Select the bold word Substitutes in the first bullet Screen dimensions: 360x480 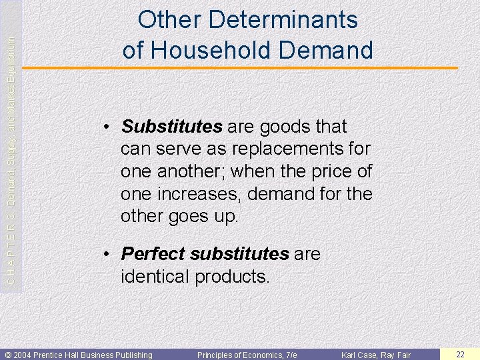pyautogui.click(x=172, y=126)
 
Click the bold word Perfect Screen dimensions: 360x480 pyautogui.click(x=153, y=254)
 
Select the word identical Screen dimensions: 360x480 pyautogui.click(x=155, y=277)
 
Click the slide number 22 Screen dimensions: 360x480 pyautogui.click(x=461, y=354)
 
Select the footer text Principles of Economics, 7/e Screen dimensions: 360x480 pyautogui.click(x=247, y=355)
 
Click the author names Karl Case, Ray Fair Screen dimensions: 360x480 pyautogui.click(x=376, y=355)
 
